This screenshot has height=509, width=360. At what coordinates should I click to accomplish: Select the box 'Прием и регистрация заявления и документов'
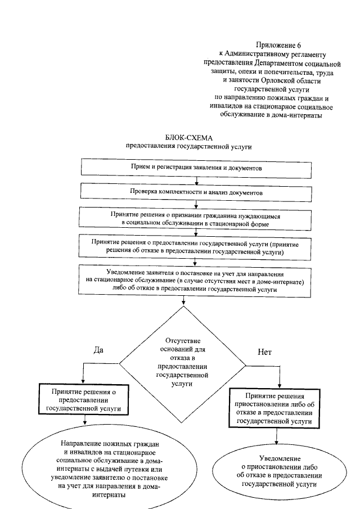pyautogui.click(x=196, y=168)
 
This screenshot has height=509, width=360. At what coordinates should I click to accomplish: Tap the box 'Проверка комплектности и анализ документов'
pyautogui.click(x=196, y=192)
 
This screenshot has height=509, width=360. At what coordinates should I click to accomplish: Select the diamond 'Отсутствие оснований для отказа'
pyautogui.click(x=183, y=363)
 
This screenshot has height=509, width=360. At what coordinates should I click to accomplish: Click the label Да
pyautogui.click(x=98, y=349)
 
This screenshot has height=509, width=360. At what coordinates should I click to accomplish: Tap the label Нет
pyautogui.click(x=264, y=353)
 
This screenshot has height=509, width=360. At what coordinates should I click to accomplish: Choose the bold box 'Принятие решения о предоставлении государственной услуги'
pyautogui.click(x=83, y=400)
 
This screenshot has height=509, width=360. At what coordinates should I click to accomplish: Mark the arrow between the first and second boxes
pyautogui.click(x=196, y=180)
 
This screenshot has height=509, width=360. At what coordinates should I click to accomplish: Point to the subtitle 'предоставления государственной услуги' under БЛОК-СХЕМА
pyautogui.click(x=188, y=147)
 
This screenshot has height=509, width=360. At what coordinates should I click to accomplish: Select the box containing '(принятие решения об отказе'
pyautogui.click(x=196, y=248)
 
